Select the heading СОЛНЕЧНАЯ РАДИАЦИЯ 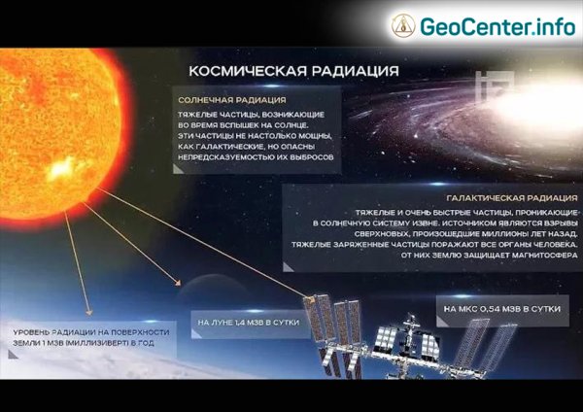point(230,99)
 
